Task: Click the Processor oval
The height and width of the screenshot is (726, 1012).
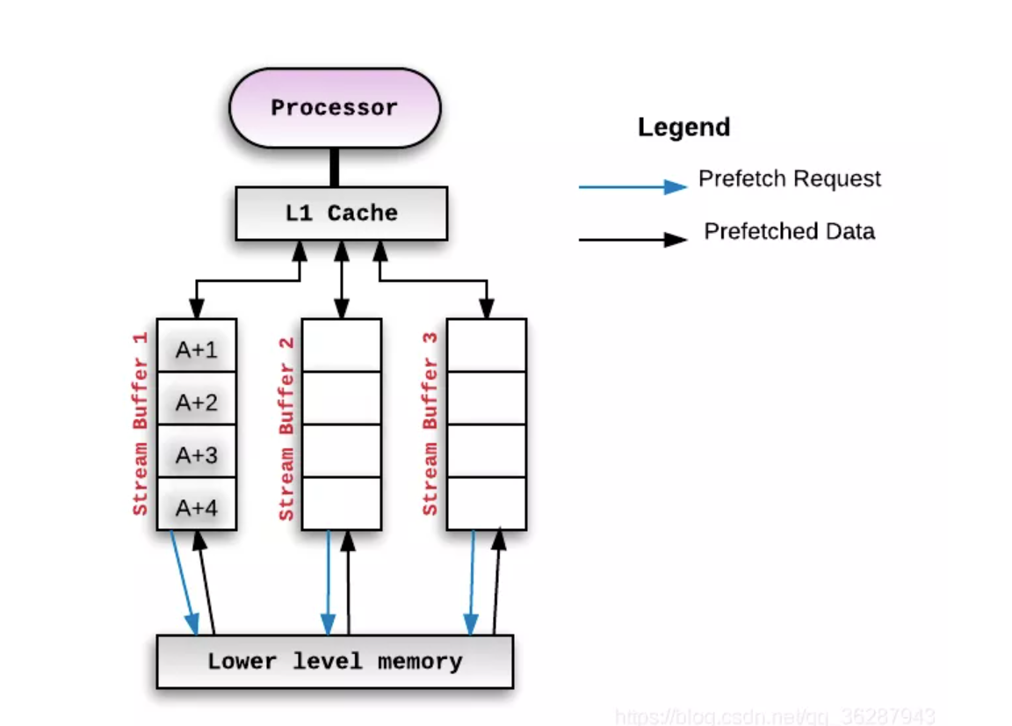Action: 334,108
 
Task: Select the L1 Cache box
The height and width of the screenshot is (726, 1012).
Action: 341,213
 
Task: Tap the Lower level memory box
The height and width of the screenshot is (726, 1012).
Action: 334,661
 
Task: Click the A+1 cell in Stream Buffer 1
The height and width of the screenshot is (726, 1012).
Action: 196,349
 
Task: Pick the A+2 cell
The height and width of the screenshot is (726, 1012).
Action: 196,402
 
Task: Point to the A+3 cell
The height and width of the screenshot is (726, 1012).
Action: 196,454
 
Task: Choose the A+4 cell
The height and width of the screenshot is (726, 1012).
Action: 196,507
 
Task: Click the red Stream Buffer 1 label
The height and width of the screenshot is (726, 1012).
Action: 141,424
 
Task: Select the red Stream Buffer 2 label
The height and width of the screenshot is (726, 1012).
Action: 286,428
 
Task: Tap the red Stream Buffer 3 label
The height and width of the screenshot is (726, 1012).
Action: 430,424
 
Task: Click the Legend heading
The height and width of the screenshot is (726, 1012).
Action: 683,127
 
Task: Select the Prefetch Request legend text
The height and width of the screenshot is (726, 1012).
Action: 789,178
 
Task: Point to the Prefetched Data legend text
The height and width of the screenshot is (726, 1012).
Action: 789,231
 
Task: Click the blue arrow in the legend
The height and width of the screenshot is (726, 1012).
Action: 632,186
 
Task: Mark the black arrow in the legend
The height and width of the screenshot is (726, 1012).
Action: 632,239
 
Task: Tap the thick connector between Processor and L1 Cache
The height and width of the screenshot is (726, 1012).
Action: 334,167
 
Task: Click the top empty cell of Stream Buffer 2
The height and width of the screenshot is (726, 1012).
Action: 341,345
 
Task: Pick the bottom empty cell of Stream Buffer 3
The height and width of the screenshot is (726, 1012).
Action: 486,503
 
